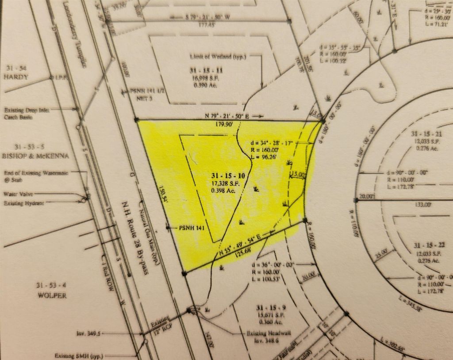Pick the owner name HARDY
[17, 77]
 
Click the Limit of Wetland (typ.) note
[211, 57]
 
